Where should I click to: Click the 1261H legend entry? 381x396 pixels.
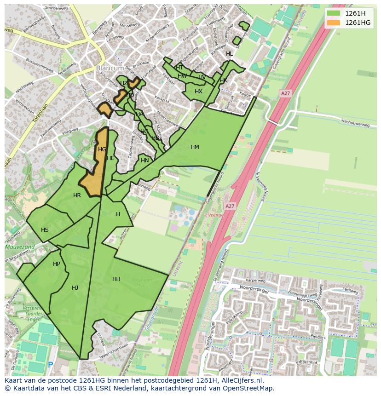[x=355, y=13]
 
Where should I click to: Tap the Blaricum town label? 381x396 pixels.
[x=110, y=68]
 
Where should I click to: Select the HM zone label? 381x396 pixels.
[x=195, y=147]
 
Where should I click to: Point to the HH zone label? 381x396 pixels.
[x=116, y=279]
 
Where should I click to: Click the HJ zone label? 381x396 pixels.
[x=75, y=288]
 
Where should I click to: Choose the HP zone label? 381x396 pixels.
[x=57, y=264]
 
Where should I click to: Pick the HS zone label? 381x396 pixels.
[x=45, y=230]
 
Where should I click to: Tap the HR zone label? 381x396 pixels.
[x=77, y=195]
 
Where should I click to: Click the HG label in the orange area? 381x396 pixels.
[x=102, y=149]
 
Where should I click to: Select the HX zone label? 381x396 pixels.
[x=198, y=92]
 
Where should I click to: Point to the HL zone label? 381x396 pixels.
[x=229, y=54]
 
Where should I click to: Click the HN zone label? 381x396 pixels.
[x=145, y=161]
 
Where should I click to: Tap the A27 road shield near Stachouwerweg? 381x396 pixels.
[x=285, y=93]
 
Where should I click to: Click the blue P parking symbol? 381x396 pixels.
[x=50, y=365]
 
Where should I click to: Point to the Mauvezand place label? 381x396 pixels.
[x=19, y=247]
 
